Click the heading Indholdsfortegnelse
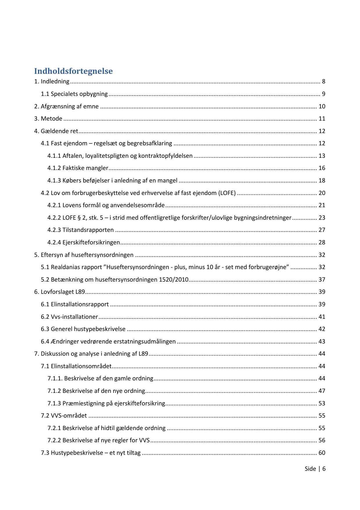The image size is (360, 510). point(73,71)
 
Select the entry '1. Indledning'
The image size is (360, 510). point(52,81)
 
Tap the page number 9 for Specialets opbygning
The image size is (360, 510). point(323,94)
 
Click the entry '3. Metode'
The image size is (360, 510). point(48,119)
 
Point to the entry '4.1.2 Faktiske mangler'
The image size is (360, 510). point(78,168)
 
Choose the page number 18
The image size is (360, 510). point(322,180)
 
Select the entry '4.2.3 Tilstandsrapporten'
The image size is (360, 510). point(80,230)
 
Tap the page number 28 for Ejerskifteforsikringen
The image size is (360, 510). point(322,242)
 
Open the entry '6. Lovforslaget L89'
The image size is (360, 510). point(60,292)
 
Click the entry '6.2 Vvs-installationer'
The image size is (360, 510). point(69,317)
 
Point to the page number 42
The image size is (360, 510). point(322,329)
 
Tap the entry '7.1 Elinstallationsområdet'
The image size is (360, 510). point(76,366)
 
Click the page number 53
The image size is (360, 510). point(322,403)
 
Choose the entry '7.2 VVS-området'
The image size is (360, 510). point(64,416)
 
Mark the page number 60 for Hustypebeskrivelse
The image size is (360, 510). point(322,453)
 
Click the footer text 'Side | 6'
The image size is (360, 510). point(315,469)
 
